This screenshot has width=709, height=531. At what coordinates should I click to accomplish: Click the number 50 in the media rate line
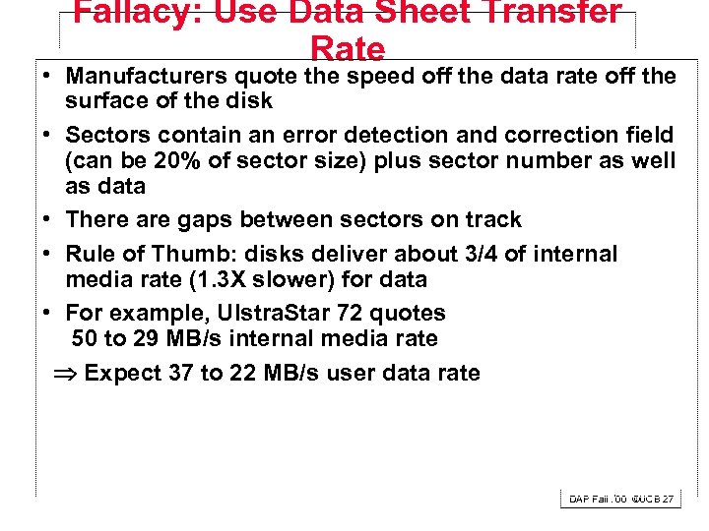click(86, 339)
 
